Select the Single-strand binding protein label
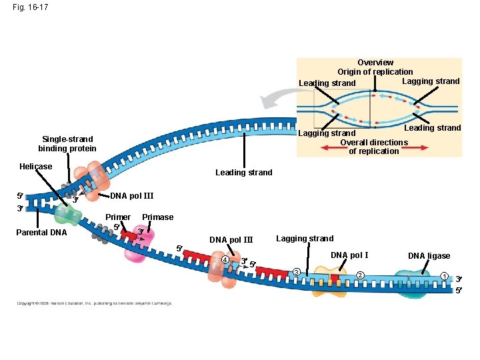coord(67,144)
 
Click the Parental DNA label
coord(41,233)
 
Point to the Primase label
coord(157,217)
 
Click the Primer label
coord(118,217)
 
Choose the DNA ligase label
coord(429,256)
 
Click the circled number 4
coord(225,259)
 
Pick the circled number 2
coord(359,275)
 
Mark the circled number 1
coord(444,276)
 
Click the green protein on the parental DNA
coord(68,214)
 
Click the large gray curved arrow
coord(277,101)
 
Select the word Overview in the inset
coord(375,63)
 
